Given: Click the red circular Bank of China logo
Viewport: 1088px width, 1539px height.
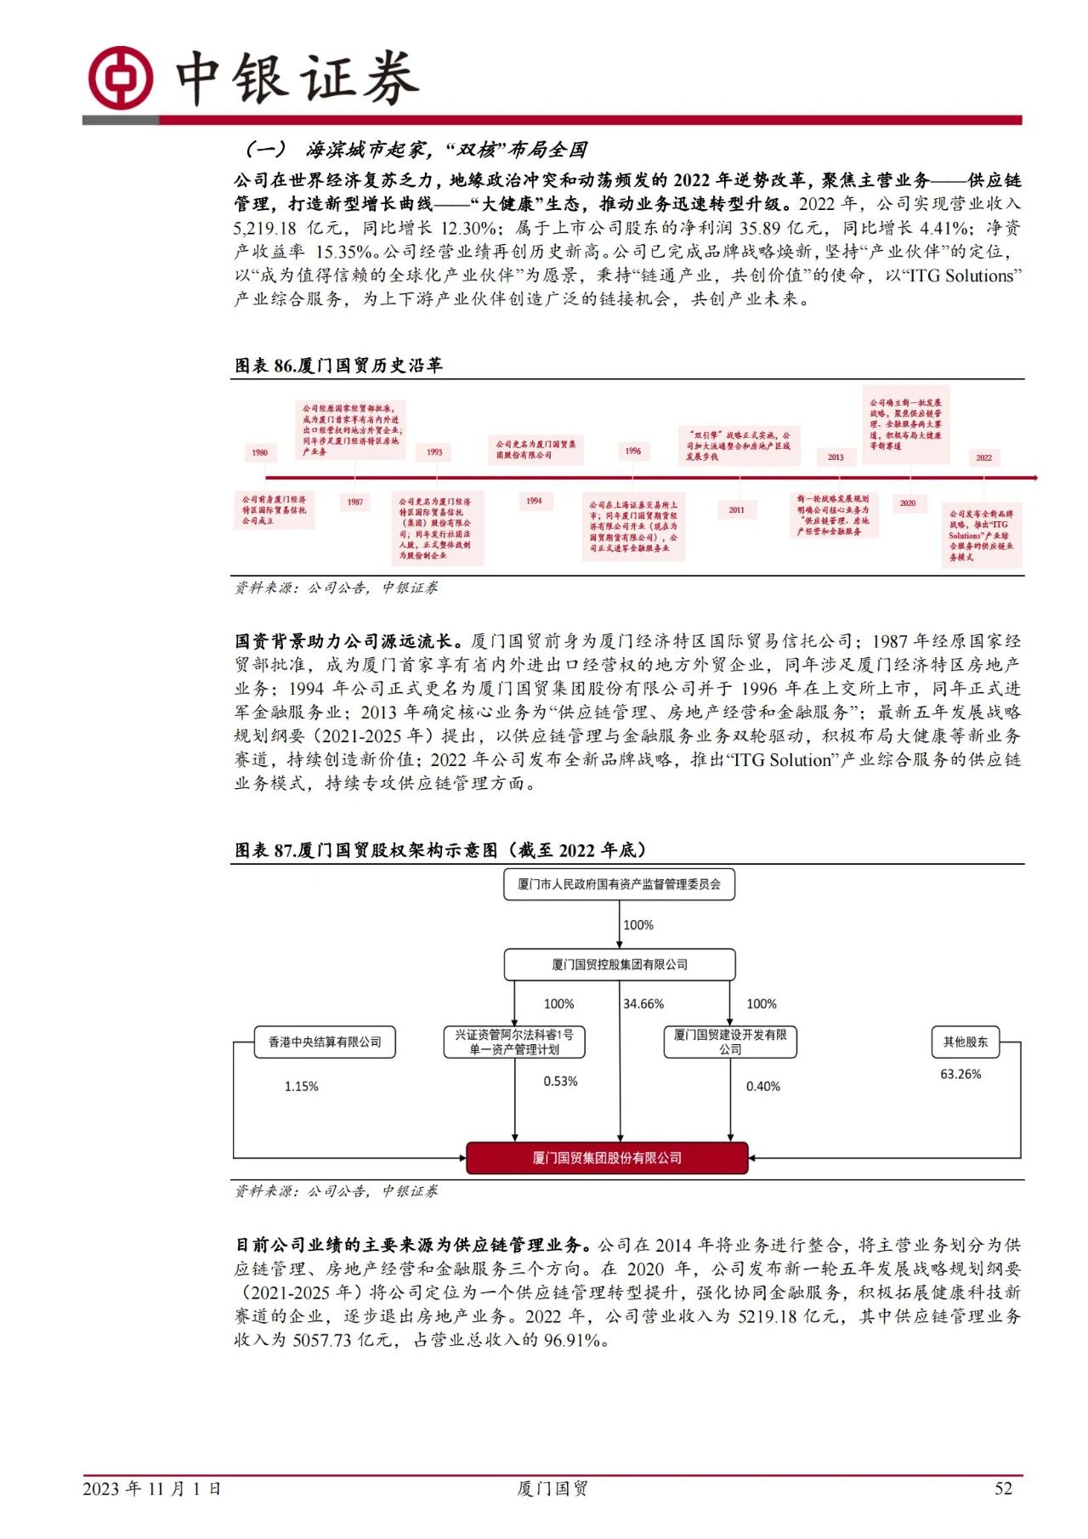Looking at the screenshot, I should click(122, 77).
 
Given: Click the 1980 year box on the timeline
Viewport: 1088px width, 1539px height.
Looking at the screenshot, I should click(260, 453).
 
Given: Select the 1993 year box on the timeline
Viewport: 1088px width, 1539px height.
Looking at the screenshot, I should click(434, 452).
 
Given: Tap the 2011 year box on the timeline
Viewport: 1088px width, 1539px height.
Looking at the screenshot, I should click(736, 510).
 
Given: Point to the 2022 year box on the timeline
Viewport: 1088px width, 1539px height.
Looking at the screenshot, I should click(983, 457).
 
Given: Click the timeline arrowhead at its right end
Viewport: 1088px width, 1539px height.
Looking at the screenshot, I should click(1032, 478).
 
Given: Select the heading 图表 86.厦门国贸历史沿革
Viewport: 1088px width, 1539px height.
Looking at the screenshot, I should click(338, 366).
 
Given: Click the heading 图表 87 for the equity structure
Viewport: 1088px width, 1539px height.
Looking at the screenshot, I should click(440, 850).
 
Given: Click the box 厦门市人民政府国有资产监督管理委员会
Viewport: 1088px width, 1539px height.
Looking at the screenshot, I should click(619, 884).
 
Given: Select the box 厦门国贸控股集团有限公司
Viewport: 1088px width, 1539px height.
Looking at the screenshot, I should click(619, 964).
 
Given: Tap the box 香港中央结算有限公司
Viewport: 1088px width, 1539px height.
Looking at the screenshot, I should click(325, 1042).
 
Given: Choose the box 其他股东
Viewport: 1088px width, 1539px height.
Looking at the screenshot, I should click(966, 1042).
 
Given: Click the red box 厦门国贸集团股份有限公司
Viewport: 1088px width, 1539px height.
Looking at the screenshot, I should click(607, 1158).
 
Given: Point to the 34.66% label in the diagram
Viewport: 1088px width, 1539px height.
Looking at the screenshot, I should click(643, 1004).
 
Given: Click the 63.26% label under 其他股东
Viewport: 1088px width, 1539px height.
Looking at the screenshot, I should click(960, 1075).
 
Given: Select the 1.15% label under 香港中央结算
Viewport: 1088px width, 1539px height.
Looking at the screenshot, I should click(301, 1087).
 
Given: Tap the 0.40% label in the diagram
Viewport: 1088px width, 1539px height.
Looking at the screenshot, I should click(762, 1087).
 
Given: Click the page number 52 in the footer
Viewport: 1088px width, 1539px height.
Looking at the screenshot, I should click(1003, 1488).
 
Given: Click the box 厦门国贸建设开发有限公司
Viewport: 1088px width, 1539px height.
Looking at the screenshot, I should click(730, 1042).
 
